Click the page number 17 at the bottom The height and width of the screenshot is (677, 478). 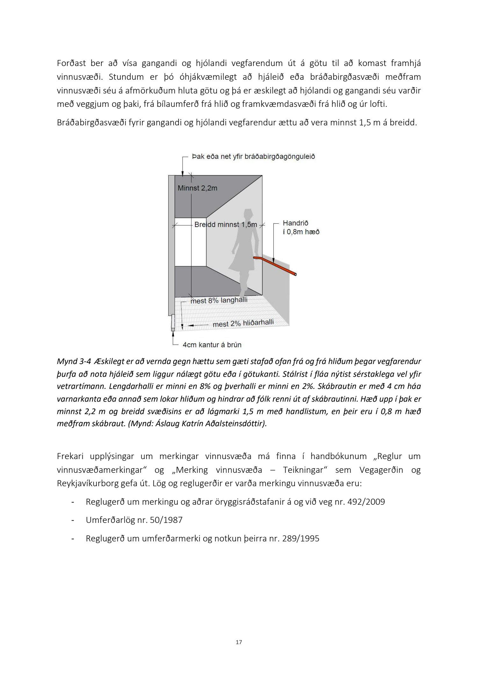(x=239, y=642)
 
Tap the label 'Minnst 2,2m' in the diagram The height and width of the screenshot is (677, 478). (x=197, y=188)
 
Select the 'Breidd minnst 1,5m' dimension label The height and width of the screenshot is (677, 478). (x=226, y=225)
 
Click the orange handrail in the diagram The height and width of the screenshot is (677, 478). (x=276, y=265)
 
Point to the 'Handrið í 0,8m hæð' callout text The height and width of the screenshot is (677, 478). (x=301, y=227)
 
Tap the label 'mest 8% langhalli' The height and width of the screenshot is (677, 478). (x=219, y=301)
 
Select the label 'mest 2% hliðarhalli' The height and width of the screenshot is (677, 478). (x=243, y=323)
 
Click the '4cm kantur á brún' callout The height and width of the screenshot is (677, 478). (x=212, y=345)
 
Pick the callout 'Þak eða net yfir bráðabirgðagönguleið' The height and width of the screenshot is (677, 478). (x=253, y=157)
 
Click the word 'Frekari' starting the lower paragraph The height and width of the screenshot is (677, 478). (x=70, y=456)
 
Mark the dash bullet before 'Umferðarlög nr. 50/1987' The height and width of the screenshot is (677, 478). (x=73, y=520)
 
